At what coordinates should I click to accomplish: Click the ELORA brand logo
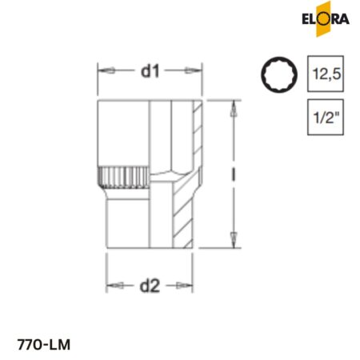323,18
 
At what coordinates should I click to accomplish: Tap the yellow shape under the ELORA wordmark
323,26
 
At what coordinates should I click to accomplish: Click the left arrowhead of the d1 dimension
102,73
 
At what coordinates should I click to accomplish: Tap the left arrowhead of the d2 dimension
111,286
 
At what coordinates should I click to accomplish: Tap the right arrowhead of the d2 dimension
190,286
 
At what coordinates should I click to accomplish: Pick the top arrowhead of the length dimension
231,106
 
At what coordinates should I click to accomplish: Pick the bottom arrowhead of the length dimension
231,238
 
